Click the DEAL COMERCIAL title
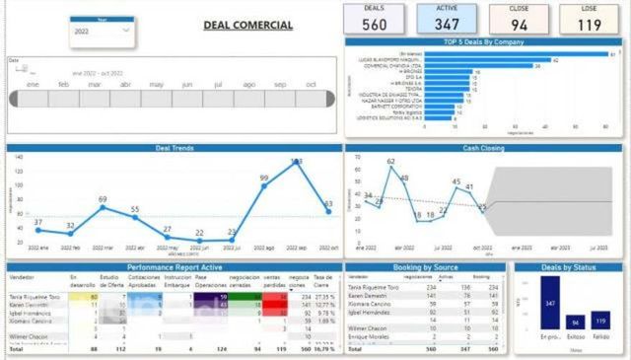(x=247, y=25)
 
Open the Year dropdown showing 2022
(x=103, y=32)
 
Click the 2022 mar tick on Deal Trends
(x=103, y=248)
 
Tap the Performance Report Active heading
(x=174, y=266)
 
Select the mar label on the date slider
(x=95, y=85)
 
